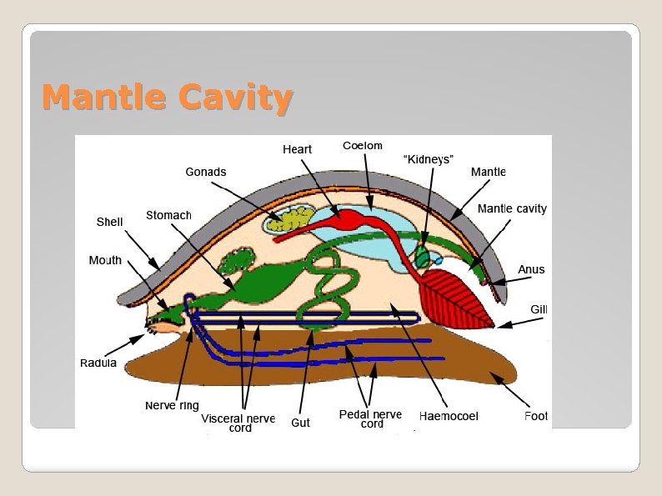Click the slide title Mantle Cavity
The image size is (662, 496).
[167, 98]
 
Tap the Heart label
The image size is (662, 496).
[297, 149]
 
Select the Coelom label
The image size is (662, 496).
[362, 146]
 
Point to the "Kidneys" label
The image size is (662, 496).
[428, 158]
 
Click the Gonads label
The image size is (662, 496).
[205, 172]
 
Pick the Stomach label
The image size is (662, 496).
[168, 215]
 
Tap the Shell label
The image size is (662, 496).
[109, 223]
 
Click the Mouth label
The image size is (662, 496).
[105, 260]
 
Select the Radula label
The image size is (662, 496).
[98, 363]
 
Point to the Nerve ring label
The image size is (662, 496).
[172, 405]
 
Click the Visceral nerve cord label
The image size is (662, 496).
[238, 423]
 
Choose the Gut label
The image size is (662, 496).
[300, 423]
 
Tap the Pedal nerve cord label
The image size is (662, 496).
[370, 418]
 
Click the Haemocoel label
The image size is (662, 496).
[449, 416]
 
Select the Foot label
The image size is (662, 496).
[535, 416]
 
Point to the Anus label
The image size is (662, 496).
[531, 269]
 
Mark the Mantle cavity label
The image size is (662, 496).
[511, 208]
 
